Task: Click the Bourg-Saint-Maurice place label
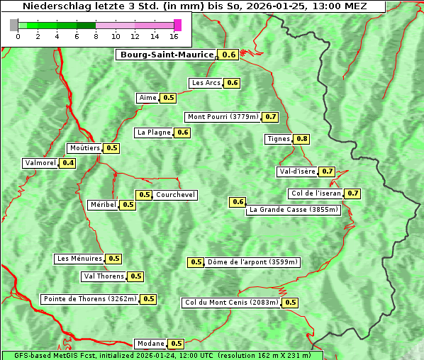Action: point(167,55)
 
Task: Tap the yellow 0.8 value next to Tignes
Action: point(302,139)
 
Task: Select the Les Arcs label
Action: point(206,83)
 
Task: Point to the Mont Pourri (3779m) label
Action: point(223,117)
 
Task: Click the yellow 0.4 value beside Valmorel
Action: point(68,163)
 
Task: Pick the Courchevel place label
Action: point(175,195)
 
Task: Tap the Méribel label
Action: point(103,205)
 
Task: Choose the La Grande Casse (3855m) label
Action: point(294,210)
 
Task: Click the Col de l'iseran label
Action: point(316,193)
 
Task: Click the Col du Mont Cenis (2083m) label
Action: point(231,303)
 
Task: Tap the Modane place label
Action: point(150,344)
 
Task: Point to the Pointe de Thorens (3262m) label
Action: point(89,299)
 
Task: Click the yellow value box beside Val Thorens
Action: point(135,276)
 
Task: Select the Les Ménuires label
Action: point(79,259)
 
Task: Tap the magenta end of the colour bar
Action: point(177,25)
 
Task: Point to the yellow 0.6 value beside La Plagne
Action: point(183,133)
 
